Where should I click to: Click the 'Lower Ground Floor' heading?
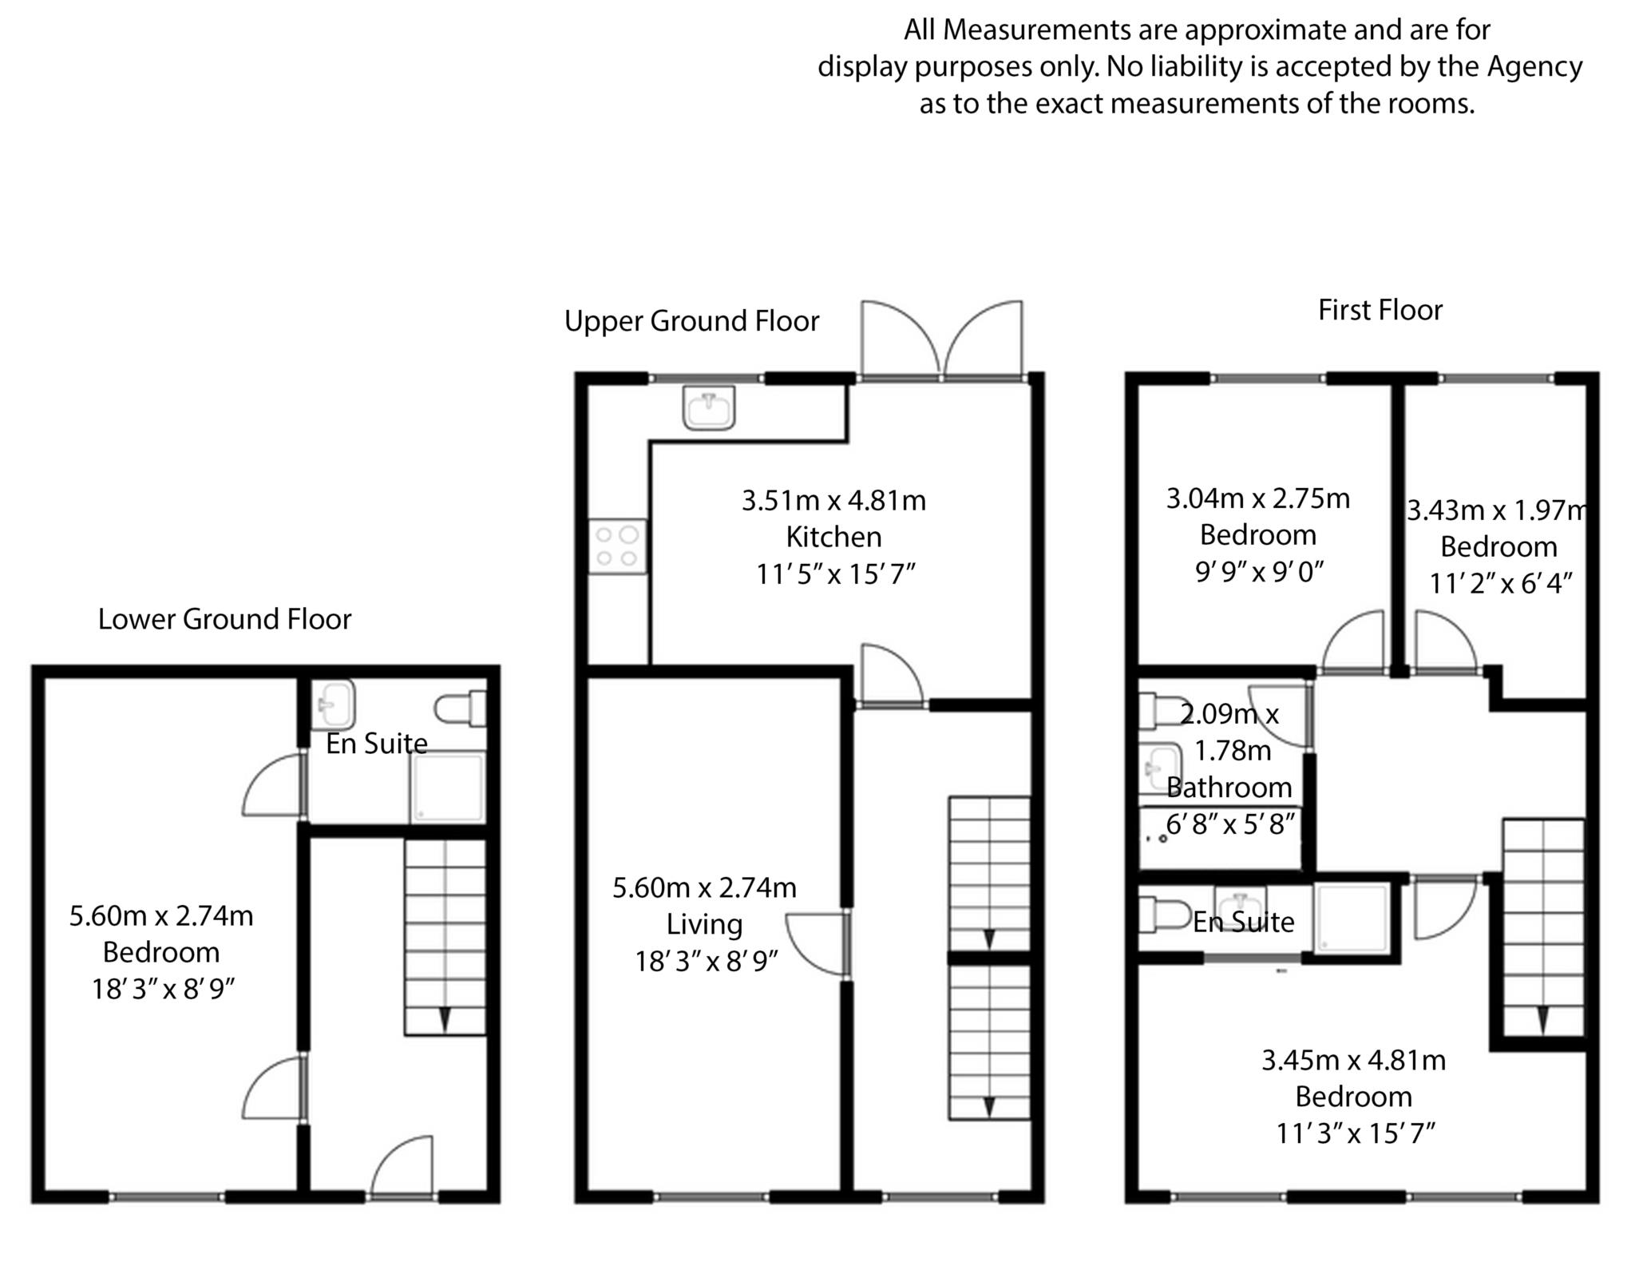tap(224, 619)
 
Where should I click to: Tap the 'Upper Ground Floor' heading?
tap(691, 321)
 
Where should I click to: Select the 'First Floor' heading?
tap(1380, 310)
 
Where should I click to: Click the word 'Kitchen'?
tap(833, 537)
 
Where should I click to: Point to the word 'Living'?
tap(704, 924)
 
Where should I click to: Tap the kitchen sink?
tap(709, 407)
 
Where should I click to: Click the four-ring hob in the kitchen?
tap(618, 546)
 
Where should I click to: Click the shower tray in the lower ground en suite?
tap(448, 787)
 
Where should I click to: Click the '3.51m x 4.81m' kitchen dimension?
tap(833, 501)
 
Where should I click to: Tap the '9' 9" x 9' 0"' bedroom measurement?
tap(1259, 572)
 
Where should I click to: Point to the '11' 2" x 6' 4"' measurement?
tap(1500, 584)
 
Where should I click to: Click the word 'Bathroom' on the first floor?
tap(1229, 788)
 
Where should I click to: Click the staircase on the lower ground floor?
tap(445, 937)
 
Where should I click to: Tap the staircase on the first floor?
tap(1543, 927)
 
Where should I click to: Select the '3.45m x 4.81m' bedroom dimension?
tap(1353, 1060)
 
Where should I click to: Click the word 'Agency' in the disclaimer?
tap(1534, 66)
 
